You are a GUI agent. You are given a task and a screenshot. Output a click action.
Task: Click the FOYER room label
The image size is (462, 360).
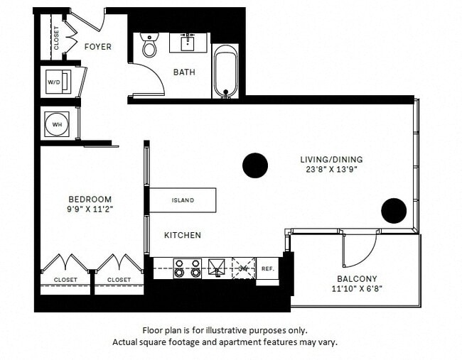click(98, 47)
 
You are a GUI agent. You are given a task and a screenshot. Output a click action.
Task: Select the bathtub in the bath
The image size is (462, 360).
click(225, 71)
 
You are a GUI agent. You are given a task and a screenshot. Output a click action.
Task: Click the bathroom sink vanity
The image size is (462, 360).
click(188, 42)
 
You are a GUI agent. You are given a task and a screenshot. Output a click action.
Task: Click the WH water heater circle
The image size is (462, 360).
click(55, 124)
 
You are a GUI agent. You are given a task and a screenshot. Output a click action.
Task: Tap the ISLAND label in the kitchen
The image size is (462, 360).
click(183, 200)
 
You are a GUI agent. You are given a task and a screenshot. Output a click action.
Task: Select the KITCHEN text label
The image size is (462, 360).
click(183, 235)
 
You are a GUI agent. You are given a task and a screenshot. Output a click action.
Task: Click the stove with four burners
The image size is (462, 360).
click(188, 268)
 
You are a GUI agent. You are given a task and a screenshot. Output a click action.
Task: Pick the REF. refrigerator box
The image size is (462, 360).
click(267, 269)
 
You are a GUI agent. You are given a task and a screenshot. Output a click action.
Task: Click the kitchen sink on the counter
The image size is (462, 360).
click(216, 268)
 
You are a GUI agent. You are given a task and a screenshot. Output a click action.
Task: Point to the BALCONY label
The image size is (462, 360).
click(358, 278)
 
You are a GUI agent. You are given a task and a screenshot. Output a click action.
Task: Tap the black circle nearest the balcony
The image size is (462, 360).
click(393, 211)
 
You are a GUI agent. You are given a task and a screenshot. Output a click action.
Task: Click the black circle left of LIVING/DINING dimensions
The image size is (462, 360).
click(255, 165)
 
